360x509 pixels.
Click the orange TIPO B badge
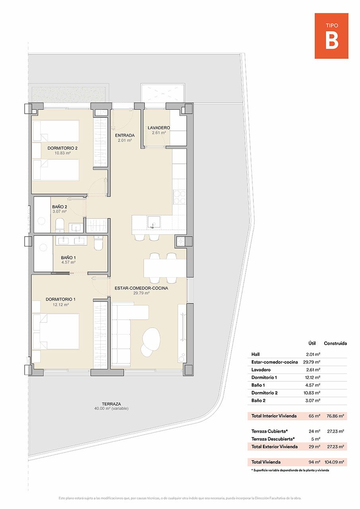tap(331, 36)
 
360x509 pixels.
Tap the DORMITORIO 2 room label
tap(62, 148)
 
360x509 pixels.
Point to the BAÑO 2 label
tap(59, 207)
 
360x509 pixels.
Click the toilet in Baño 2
tap(60, 225)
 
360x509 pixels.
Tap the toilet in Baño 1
tap(99, 243)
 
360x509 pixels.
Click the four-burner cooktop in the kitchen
tap(180, 196)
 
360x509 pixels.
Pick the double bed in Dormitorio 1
tap(56, 332)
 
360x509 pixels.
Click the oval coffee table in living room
tap(151, 338)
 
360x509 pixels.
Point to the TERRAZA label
tap(111, 403)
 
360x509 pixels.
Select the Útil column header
tap(312, 343)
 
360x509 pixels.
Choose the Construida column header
tap(335, 343)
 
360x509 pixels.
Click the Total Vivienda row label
tap(266, 462)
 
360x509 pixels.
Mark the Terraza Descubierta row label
tap(273, 439)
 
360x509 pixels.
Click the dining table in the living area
tap(165, 268)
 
